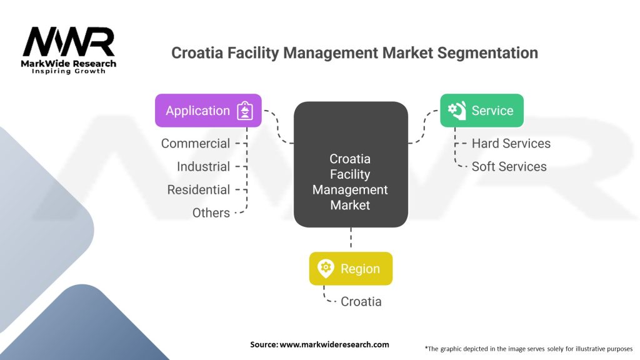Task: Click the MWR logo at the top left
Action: click(69, 42)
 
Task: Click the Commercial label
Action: click(195, 143)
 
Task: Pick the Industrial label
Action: click(203, 166)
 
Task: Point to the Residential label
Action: click(198, 189)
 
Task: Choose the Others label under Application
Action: click(211, 212)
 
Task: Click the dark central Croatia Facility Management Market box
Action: click(350, 164)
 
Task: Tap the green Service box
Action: click(481, 111)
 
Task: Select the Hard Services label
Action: click(511, 143)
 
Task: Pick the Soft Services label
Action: click(509, 166)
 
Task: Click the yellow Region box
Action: click(351, 269)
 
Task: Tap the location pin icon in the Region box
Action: click(326, 269)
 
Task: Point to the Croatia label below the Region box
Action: click(361, 301)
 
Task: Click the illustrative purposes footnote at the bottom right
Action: click(528, 348)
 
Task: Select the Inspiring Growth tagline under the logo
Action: click(69, 71)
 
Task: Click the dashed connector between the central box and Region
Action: click(351, 239)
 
